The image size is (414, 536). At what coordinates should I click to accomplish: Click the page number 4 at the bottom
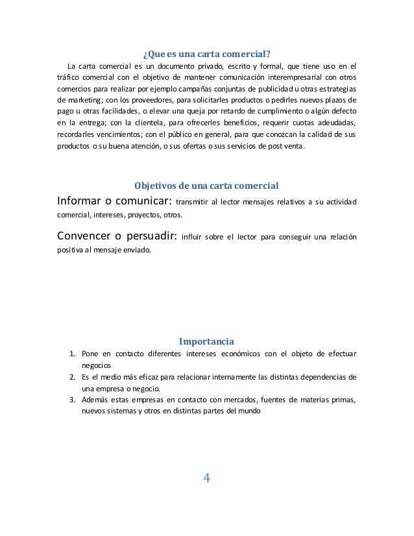tap(207, 479)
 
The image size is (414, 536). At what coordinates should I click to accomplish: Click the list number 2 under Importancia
tap(73, 377)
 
